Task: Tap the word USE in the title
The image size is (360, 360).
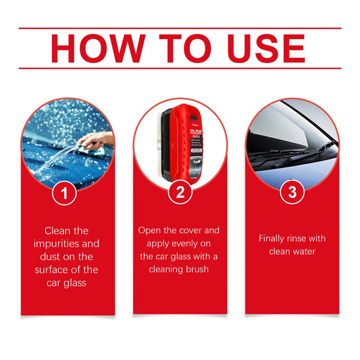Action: coord(259,49)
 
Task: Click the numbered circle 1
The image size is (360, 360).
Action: coord(65,193)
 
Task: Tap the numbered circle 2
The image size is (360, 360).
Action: coord(180,193)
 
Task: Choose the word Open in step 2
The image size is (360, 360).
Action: coord(151,230)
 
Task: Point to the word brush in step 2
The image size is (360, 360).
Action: coord(198,269)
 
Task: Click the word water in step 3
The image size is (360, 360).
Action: coord(307,251)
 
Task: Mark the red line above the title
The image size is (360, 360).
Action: coord(180,28)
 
